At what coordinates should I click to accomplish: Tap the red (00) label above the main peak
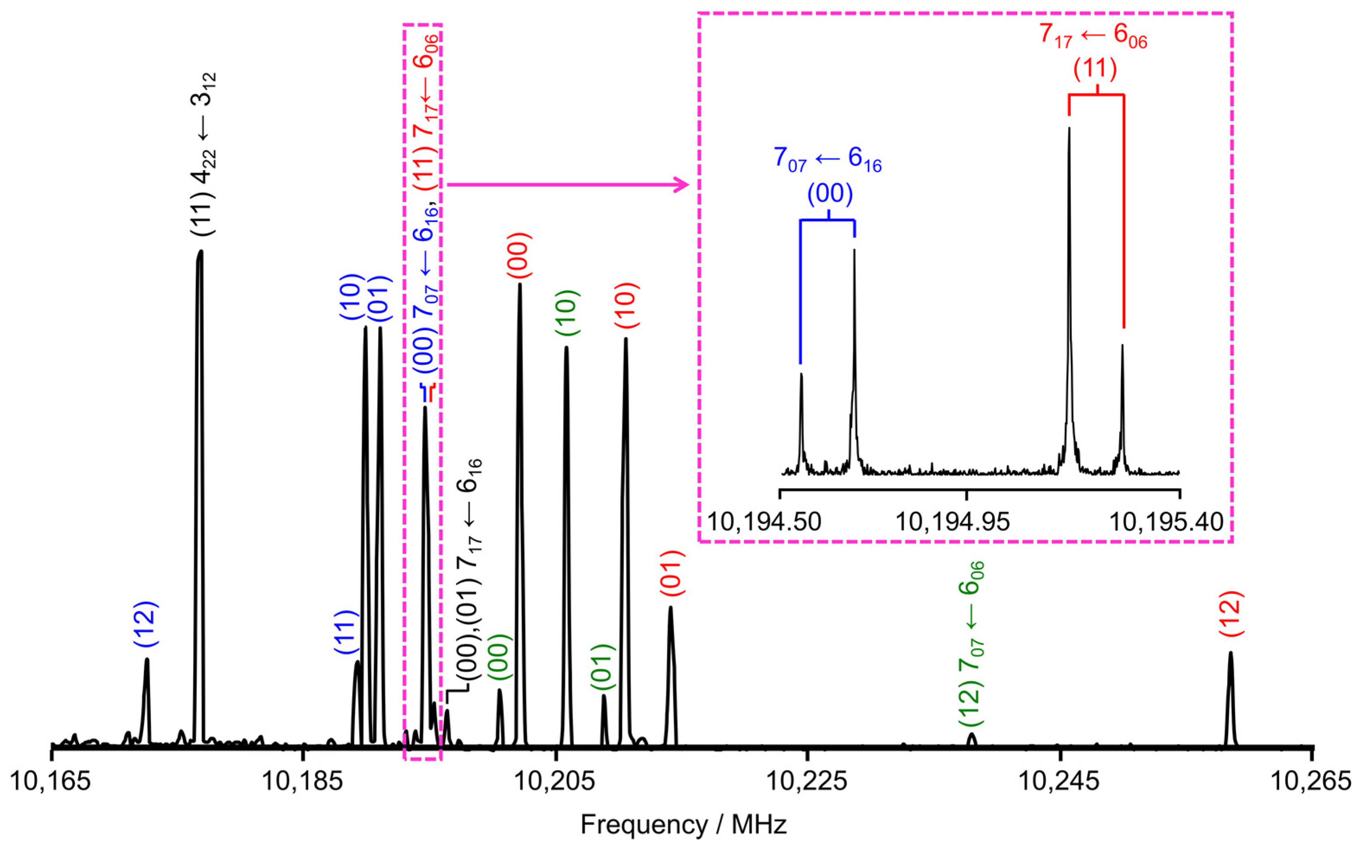pos(519,255)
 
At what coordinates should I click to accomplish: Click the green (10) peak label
pos(567,313)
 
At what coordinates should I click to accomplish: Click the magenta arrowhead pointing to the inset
pos(683,185)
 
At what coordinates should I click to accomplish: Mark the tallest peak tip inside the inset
pos(1069,129)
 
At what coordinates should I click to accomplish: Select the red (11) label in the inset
pos(1095,69)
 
